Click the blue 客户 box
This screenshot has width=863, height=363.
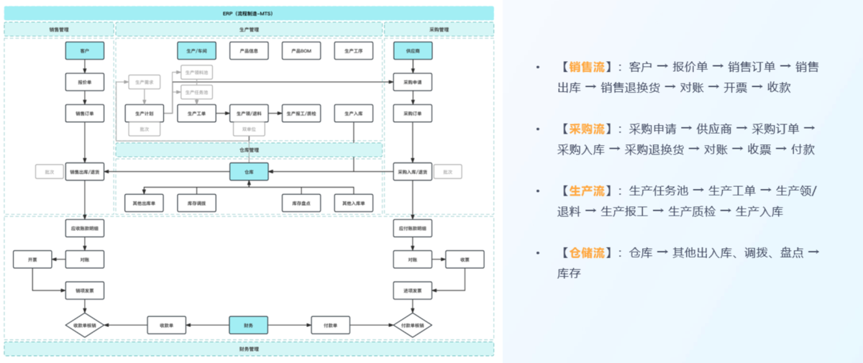[85, 51]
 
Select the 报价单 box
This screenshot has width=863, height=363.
[85, 82]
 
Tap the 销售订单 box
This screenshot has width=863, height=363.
[85, 114]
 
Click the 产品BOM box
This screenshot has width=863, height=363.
[301, 51]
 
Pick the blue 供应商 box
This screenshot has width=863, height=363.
[412, 51]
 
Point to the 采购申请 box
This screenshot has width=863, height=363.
[412, 82]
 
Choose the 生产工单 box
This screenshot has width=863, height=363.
[196, 114]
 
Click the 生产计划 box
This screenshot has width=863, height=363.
[144, 114]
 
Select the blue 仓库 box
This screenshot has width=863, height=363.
[249, 172]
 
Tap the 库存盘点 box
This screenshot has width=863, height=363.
[301, 203]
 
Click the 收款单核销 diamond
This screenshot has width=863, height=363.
[85, 325]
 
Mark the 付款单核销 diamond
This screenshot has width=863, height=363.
[412, 325]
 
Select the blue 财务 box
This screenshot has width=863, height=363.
[249, 325]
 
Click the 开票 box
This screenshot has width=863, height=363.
[32, 259]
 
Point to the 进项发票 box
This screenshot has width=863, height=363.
[412, 290]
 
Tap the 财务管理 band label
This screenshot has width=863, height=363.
[249, 349]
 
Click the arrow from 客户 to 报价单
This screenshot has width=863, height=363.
[85, 66]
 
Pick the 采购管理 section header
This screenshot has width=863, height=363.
[439, 29]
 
